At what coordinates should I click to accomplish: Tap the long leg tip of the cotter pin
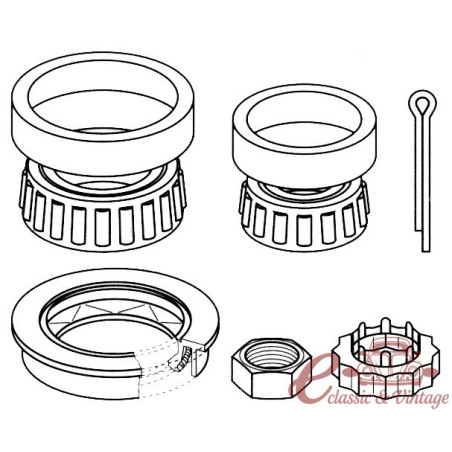click(426, 251)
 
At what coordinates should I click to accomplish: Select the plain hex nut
click(272, 368)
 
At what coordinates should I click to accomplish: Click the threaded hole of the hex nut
click(270, 354)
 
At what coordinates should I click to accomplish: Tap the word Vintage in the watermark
click(421, 399)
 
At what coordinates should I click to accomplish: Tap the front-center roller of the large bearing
click(102, 228)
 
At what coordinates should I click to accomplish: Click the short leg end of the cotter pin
click(418, 229)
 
